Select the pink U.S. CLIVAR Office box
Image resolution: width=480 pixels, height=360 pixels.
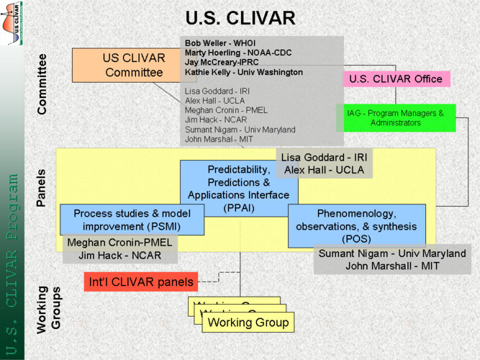point(396,78)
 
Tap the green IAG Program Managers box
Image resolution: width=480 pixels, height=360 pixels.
point(397,118)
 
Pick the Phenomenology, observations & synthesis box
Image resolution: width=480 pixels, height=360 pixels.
point(356,226)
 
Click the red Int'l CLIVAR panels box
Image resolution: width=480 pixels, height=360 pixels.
point(140,282)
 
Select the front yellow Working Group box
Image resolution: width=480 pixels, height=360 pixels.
point(248,322)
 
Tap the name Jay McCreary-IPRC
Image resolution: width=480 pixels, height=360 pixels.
point(226,63)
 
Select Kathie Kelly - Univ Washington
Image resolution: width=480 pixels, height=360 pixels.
point(243,72)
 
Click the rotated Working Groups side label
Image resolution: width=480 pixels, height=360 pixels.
point(49,309)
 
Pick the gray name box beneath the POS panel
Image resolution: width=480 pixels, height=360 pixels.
point(392,260)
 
